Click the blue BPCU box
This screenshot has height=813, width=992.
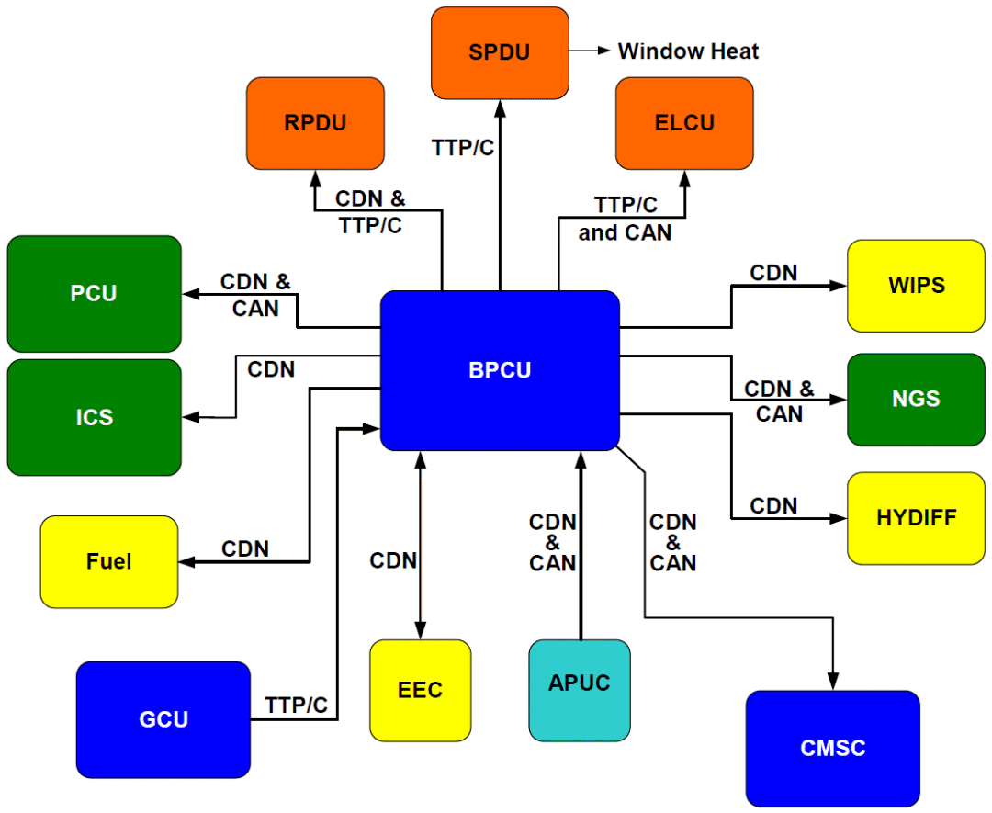click(500, 370)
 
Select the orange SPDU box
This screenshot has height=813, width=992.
click(500, 52)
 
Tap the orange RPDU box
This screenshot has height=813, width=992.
click(315, 122)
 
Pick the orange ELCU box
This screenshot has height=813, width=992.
click(684, 122)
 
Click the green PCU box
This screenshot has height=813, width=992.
click(94, 294)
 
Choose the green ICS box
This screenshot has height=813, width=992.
click(94, 417)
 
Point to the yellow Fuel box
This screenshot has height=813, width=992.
click(108, 561)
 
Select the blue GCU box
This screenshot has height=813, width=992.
click(163, 718)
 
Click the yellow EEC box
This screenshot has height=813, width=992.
click(420, 690)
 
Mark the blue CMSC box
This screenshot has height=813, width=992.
click(832, 748)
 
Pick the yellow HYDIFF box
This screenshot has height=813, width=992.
click(916, 517)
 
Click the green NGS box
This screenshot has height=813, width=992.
click(915, 400)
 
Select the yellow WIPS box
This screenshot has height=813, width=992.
click(916, 286)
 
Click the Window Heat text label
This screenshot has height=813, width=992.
click(688, 51)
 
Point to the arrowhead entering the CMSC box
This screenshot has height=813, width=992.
click(832, 683)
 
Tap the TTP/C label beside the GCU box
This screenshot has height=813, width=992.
click(296, 706)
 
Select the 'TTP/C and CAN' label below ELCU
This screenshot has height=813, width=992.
click(625, 219)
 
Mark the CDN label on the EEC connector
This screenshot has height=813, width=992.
click(393, 560)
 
